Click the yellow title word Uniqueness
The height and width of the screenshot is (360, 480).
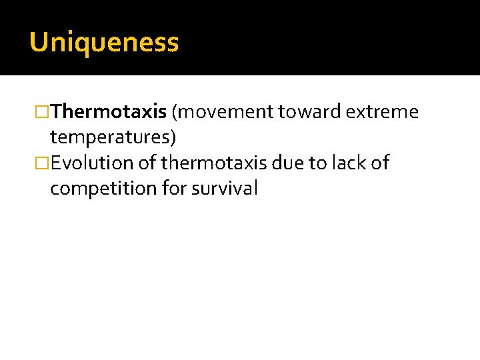104,43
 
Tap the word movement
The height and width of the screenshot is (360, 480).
226,112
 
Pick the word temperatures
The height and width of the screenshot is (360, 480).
110,137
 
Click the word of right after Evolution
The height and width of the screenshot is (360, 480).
147,163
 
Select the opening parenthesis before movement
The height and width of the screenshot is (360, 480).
174,112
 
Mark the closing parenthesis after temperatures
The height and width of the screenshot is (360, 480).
173,137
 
